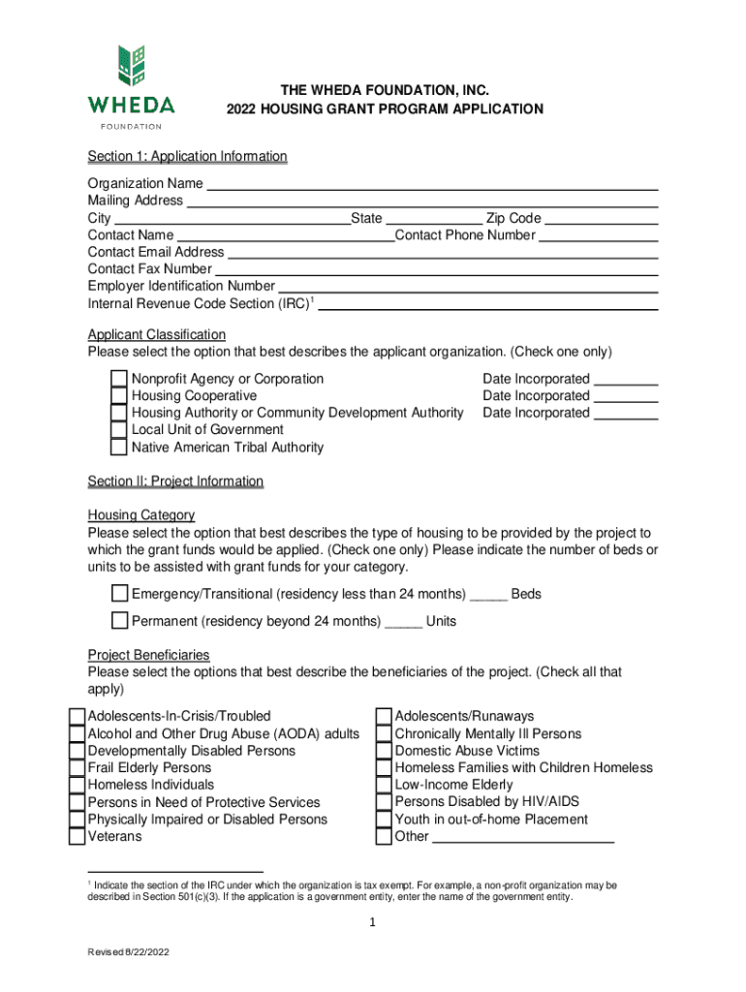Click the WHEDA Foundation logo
coord(132,86)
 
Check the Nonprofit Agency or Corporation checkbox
coord(118,379)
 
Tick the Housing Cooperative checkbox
coord(118,396)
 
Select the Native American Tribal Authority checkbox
coord(118,448)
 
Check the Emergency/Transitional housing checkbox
coord(119,593)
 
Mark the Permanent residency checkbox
coord(119,620)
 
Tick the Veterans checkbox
coord(77,836)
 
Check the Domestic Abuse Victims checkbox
coord(384,751)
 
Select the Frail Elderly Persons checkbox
coord(77,768)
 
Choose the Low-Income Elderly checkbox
coord(384,785)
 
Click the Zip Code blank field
coord(601,219)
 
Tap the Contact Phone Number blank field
coord(598,235)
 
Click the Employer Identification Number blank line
coord(468,287)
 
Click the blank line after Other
coord(522,838)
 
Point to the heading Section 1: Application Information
coord(187,157)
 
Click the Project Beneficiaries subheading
coord(148,655)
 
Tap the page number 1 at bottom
coord(371,923)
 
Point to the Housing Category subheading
coord(141,515)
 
